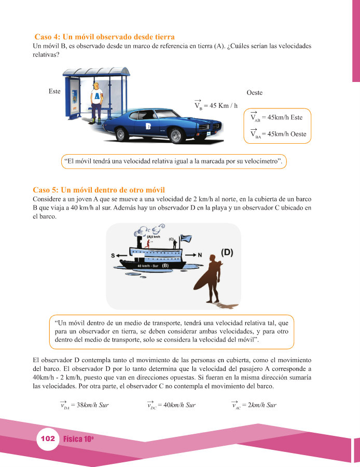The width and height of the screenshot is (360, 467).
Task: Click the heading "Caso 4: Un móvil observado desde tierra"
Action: coord(104,37)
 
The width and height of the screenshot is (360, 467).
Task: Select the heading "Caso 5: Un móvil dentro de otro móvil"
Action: coord(99,190)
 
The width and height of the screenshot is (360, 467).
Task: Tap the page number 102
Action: coord(48,438)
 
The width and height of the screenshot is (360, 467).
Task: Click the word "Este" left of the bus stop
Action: coord(54,91)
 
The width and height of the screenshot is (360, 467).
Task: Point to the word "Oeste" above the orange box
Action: coord(255,93)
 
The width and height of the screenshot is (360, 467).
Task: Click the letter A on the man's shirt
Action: coord(97,96)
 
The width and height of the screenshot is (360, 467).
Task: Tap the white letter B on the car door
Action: coord(148,126)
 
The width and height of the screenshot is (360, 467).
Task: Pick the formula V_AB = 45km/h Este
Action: coord(276,117)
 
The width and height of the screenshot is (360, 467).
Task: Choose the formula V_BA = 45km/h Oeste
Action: coord(279,134)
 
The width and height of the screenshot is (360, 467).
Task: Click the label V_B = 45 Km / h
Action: coord(216,105)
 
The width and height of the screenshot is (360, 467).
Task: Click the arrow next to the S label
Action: coord(121,255)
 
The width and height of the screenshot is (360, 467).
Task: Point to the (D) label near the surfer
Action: coord(227,253)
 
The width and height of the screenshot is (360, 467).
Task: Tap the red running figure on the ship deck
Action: coord(147,244)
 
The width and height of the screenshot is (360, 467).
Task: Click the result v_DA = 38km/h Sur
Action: coord(84,404)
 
